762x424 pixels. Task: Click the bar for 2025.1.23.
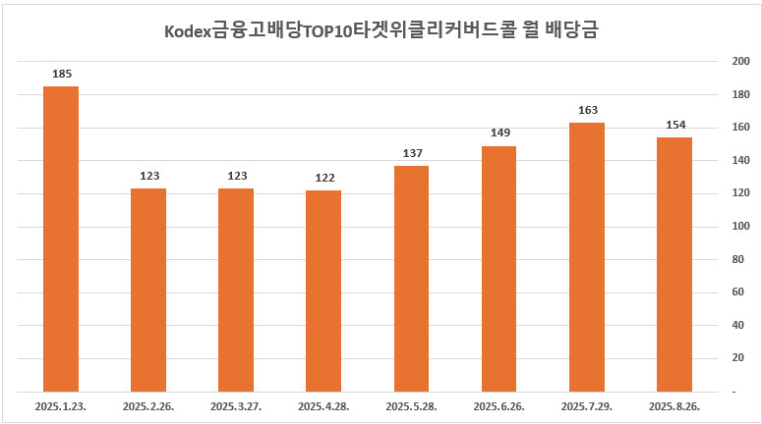61,238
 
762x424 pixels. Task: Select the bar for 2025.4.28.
323,291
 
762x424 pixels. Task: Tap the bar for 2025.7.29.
587,257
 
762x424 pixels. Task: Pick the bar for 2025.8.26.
674,264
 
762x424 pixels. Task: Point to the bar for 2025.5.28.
411,279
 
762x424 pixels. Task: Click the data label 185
61,74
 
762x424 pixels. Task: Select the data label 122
323,178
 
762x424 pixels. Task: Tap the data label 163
587,110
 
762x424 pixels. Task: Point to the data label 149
499,133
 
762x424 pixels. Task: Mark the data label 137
411,153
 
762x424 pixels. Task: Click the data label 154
674,125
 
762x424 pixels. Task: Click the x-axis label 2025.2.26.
148,405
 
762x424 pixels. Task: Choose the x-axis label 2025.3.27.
236,405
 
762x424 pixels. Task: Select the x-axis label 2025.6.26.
499,405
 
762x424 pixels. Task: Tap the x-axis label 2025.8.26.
674,405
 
